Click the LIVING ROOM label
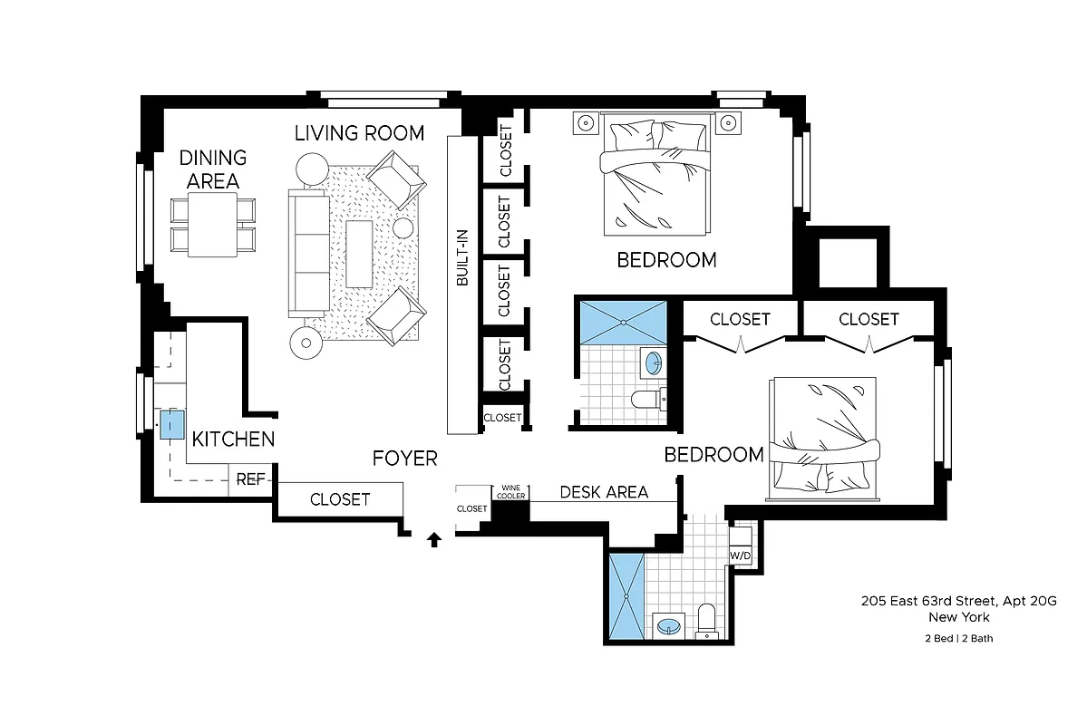pyautogui.click(x=359, y=133)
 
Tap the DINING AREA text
pyautogui.click(x=212, y=169)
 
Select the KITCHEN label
pyautogui.click(x=233, y=440)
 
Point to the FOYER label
pyautogui.click(x=404, y=459)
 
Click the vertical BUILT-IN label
pyautogui.click(x=462, y=263)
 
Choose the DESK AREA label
pyautogui.click(x=604, y=492)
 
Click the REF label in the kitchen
pyautogui.click(x=249, y=479)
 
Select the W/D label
pyautogui.click(x=741, y=555)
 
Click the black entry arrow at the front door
pyautogui.click(x=434, y=540)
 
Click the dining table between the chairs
pyautogui.click(x=212, y=225)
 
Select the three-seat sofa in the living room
pyautogui.click(x=308, y=252)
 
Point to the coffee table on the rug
pyautogui.click(x=359, y=255)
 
